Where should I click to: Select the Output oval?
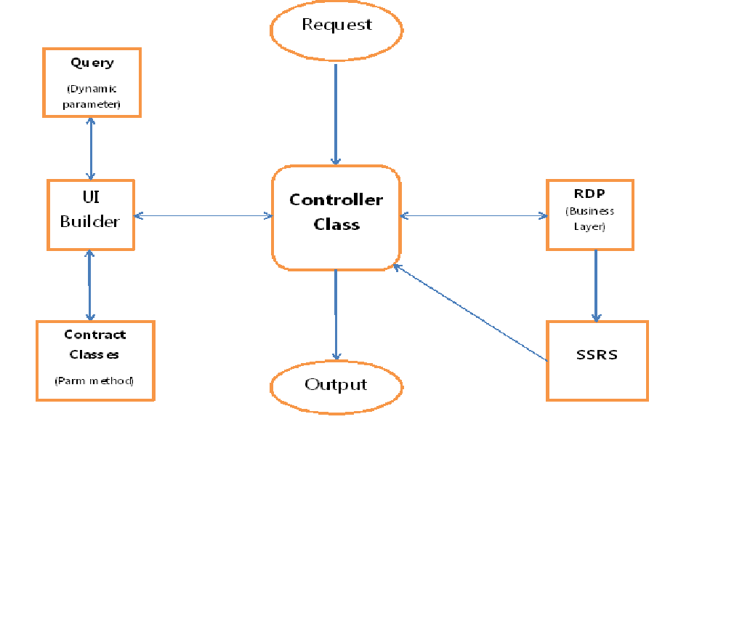click(x=336, y=385)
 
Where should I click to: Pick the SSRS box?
click(x=597, y=361)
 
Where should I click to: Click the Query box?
click(x=92, y=82)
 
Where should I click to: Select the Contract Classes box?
click(x=95, y=360)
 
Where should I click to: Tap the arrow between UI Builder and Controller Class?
click(x=203, y=215)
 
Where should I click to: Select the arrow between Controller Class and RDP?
click(x=473, y=215)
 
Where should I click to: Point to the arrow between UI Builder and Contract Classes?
click(x=89, y=285)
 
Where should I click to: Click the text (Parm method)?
click(x=94, y=381)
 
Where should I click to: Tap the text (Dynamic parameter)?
click(x=92, y=97)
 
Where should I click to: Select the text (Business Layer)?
click(x=589, y=219)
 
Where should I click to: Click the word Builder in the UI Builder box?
click(x=90, y=222)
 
